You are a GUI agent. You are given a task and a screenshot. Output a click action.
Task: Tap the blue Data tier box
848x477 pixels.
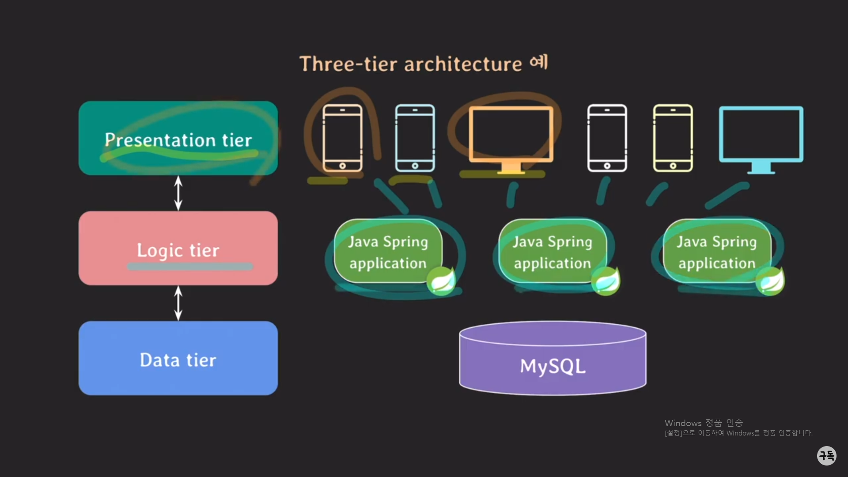[178, 358]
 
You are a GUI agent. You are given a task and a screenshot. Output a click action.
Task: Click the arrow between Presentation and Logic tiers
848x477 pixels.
[178, 193]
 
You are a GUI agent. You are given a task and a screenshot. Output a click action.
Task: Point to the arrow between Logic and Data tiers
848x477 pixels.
[178, 303]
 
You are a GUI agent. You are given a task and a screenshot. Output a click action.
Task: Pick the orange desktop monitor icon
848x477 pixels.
[511, 137]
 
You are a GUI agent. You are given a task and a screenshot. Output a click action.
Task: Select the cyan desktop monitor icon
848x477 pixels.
[761, 137]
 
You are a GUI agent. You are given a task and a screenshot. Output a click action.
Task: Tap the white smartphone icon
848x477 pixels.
[607, 138]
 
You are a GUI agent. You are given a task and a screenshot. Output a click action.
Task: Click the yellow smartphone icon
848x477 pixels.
[673, 138]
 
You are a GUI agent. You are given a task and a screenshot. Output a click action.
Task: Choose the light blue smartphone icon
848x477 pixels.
[415, 138]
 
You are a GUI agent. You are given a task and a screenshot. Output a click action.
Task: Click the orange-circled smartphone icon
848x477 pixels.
[342, 138]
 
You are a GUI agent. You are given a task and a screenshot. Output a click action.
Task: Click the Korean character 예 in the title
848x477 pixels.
[539, 62]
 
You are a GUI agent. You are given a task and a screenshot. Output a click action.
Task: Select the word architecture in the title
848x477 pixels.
[463, 64]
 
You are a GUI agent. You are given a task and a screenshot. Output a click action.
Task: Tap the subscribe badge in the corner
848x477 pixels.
[826, 455]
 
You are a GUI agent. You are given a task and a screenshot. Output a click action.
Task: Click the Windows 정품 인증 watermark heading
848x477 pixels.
[704, 423]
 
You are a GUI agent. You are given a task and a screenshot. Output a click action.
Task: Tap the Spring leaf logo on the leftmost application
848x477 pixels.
[441, 280]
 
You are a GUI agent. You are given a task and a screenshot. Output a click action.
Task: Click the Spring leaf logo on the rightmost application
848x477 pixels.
[770, 280]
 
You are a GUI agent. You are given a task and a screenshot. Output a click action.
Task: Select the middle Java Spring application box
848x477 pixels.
[552, 251]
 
